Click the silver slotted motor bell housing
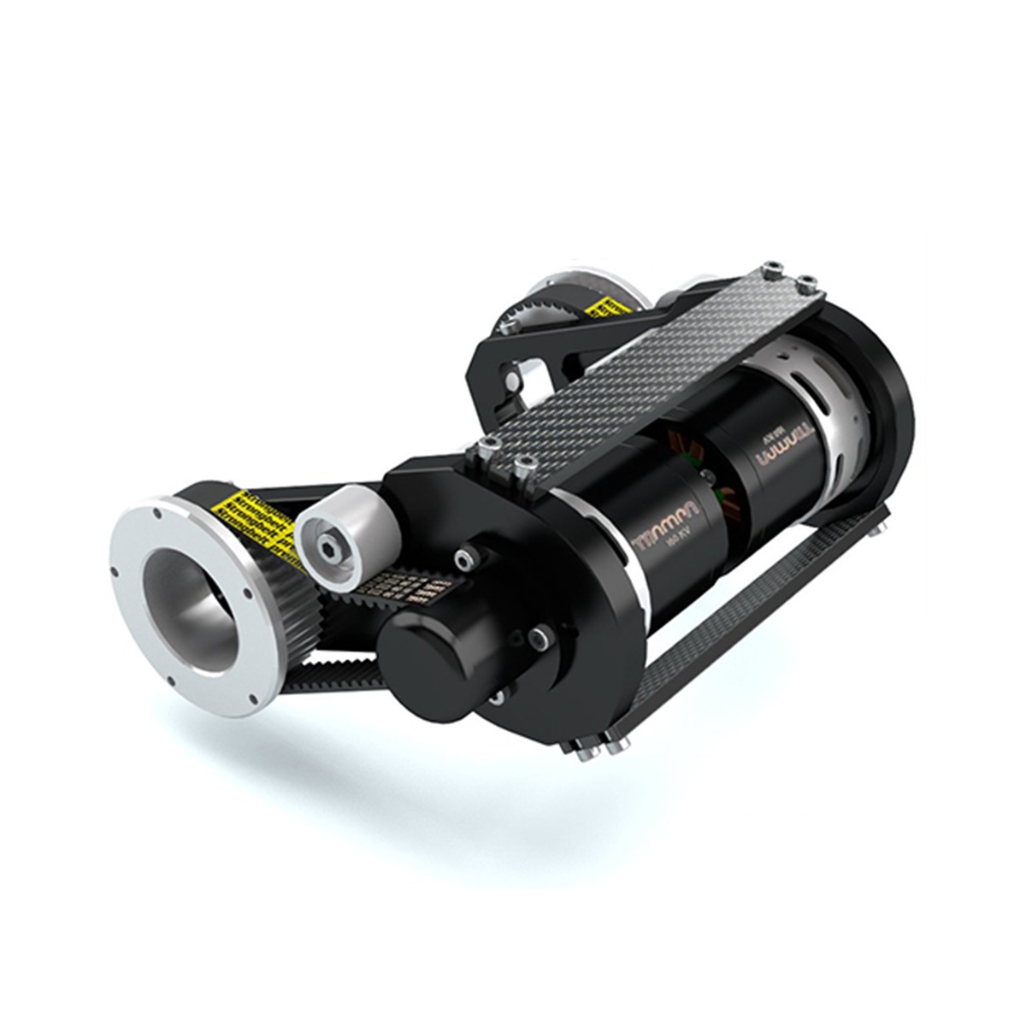click(821, 385)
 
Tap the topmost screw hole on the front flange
click(156, 516)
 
